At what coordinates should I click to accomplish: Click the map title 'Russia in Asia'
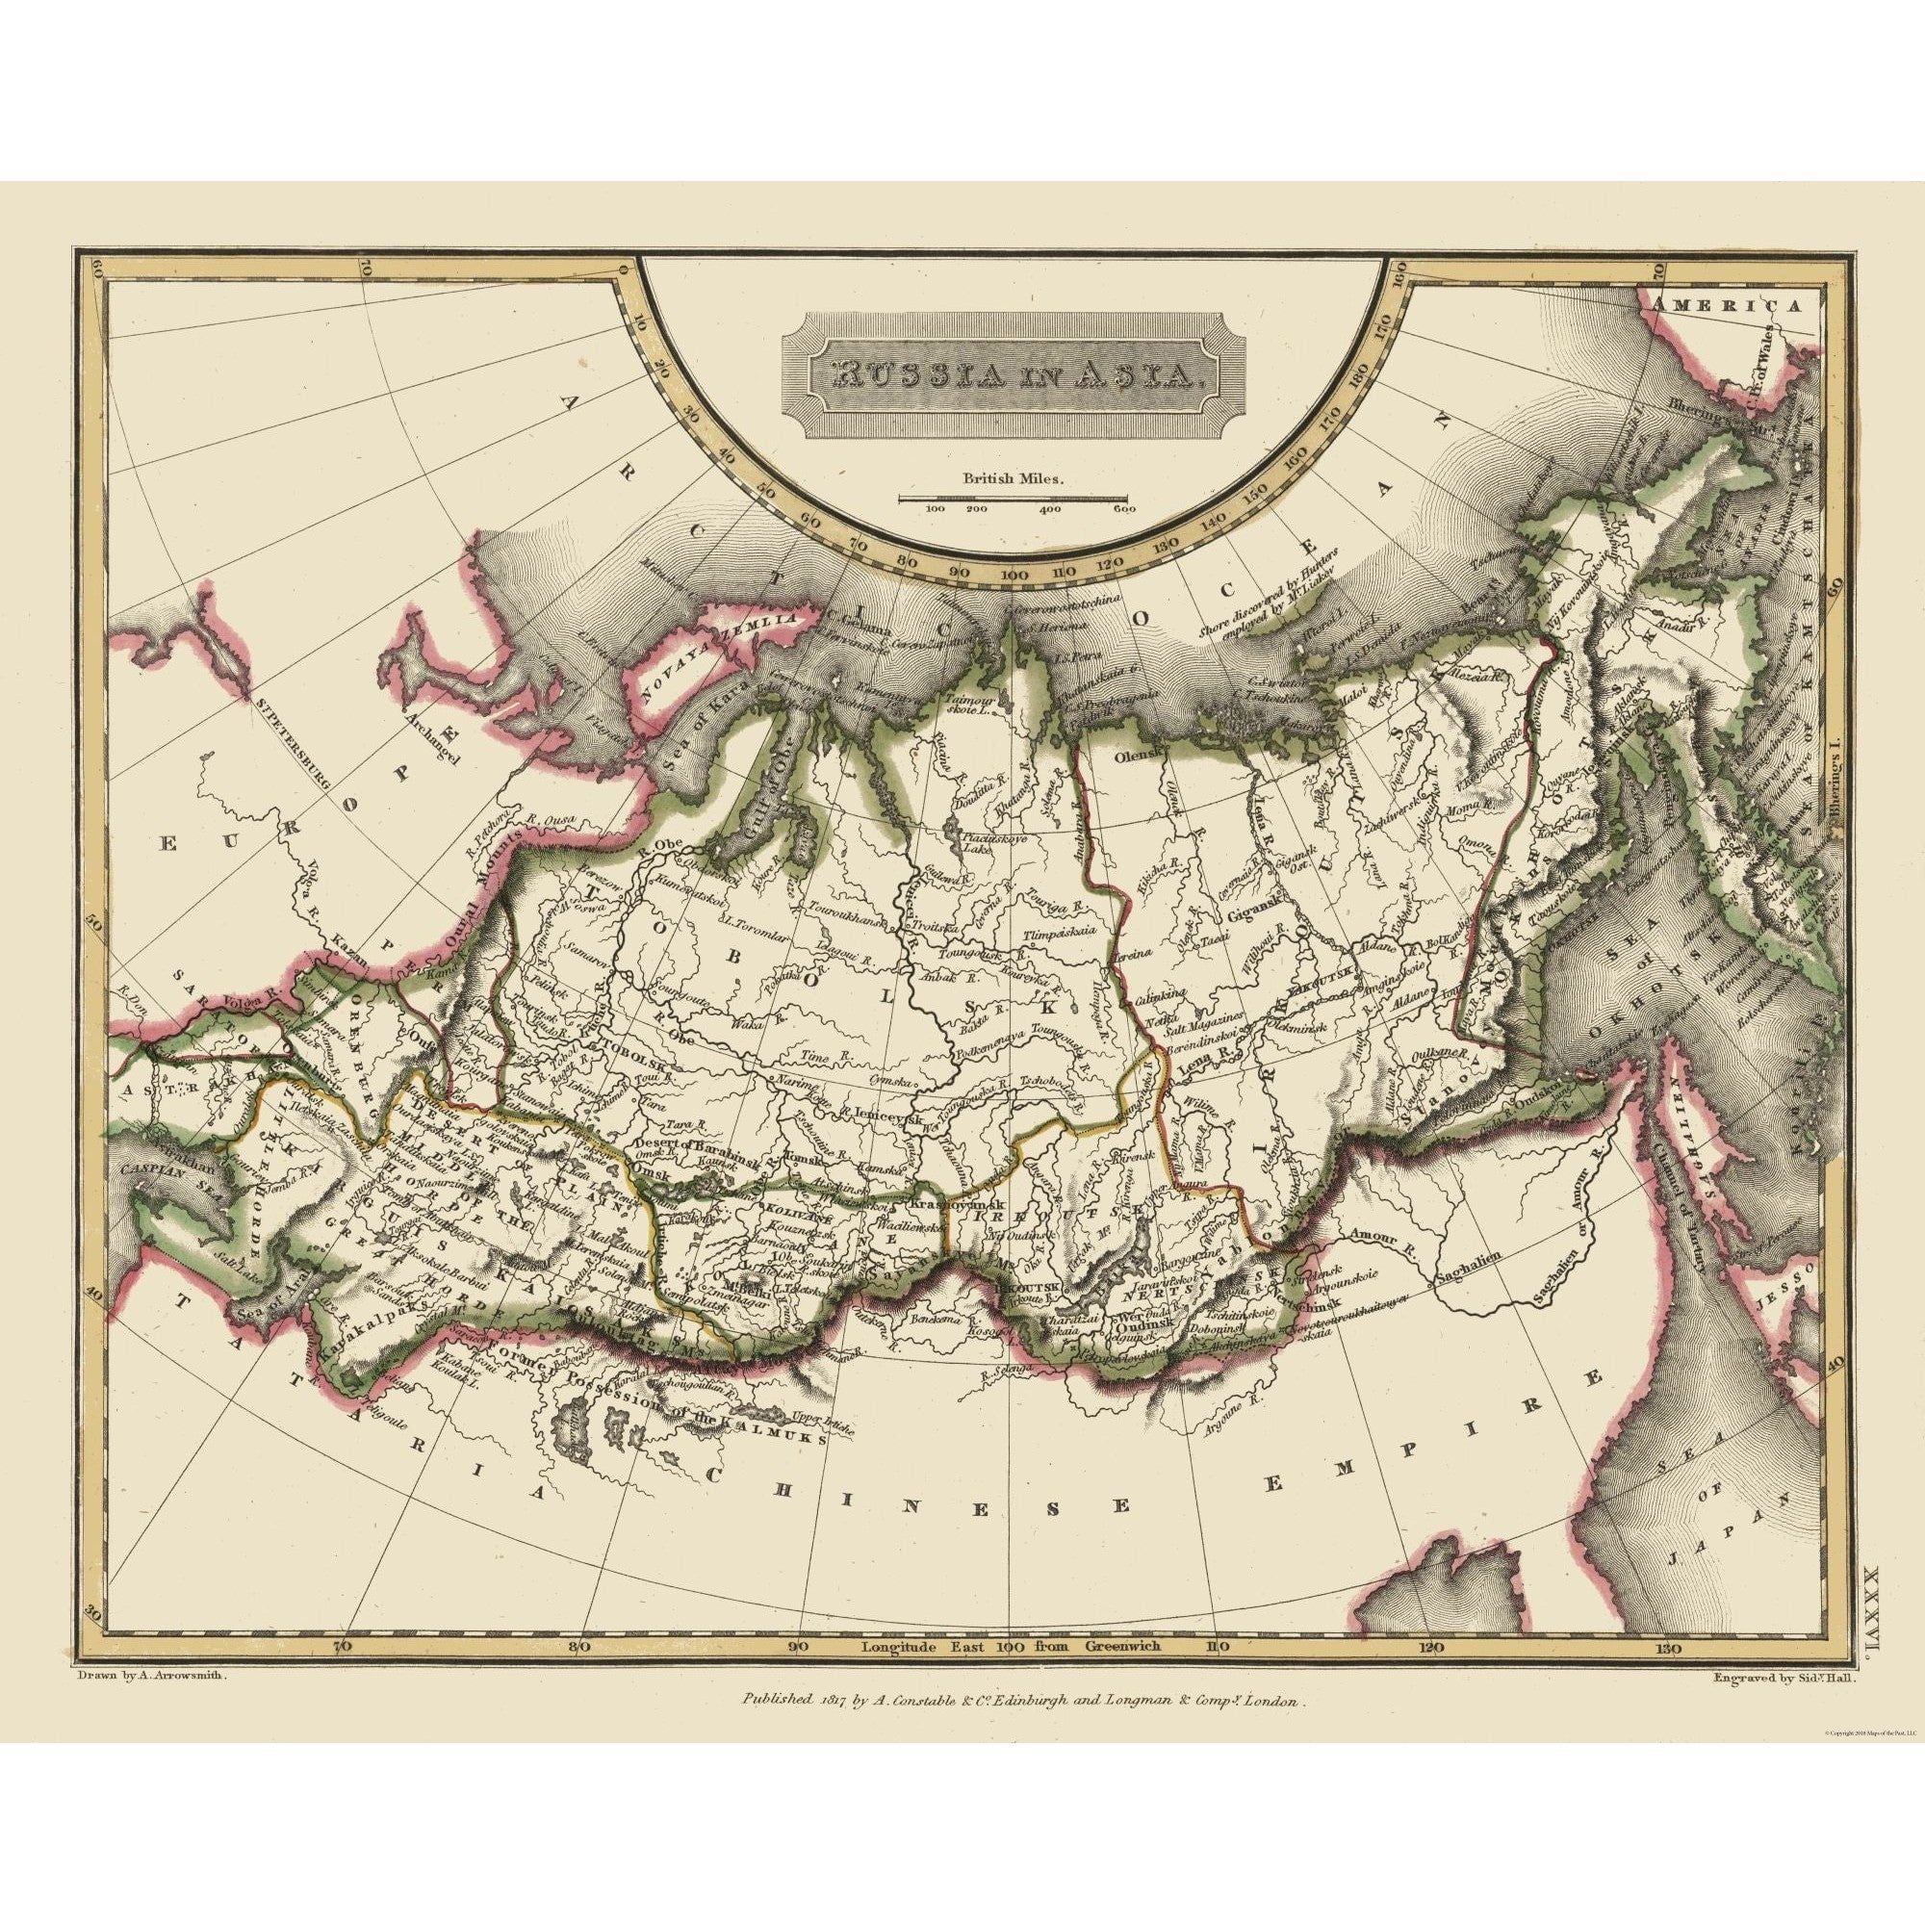1012,374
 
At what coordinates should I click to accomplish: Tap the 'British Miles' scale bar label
1013,477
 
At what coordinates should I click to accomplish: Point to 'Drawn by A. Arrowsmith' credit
152,1676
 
